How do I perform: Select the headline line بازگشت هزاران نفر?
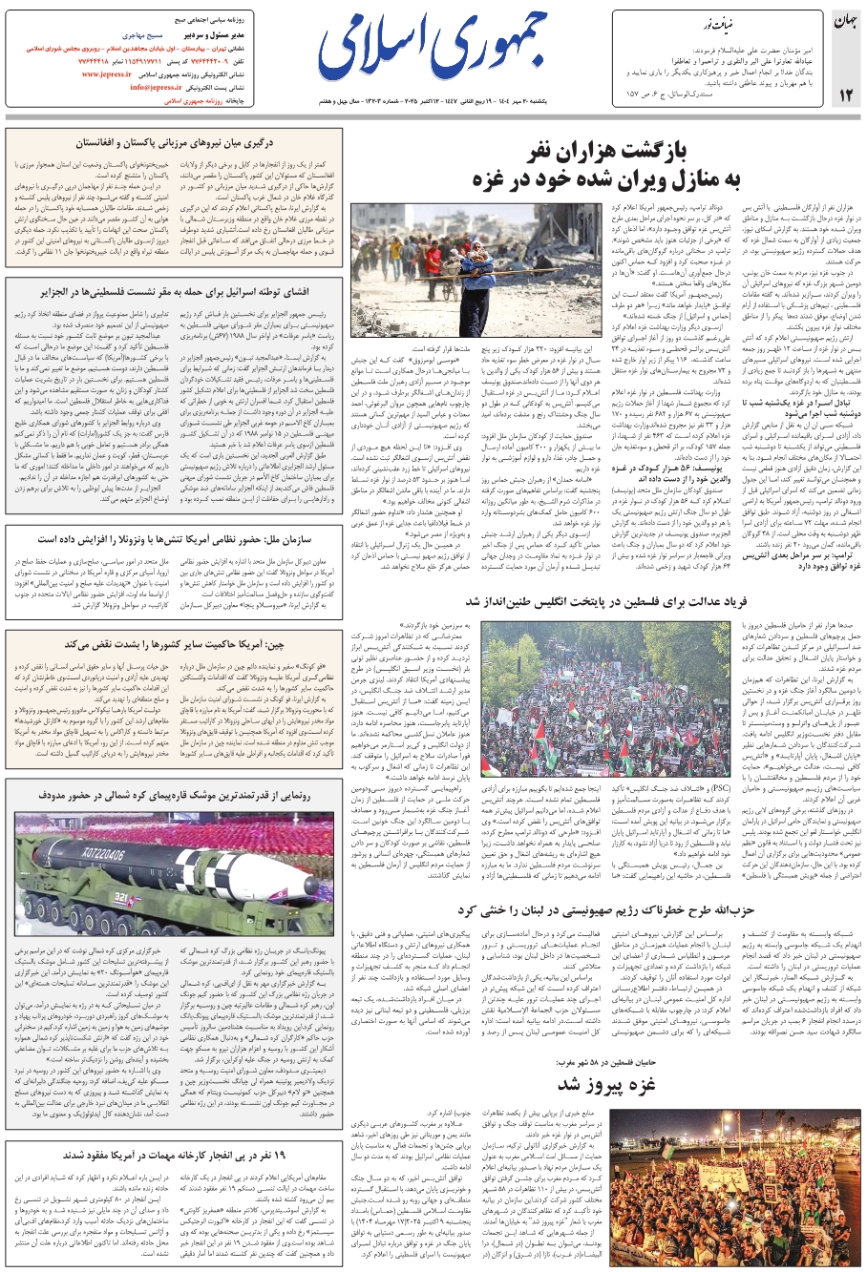tap(637, 154)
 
